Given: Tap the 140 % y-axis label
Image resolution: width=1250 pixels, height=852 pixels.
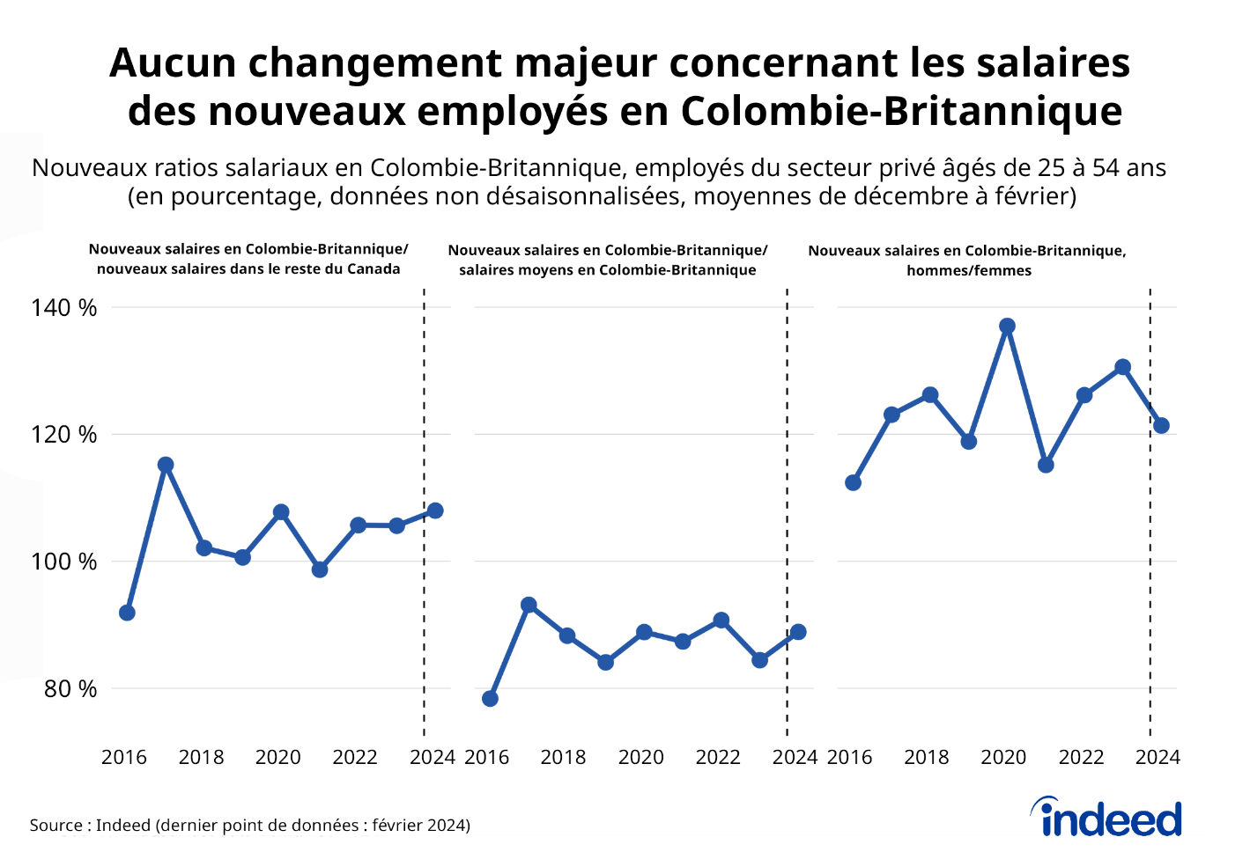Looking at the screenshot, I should [63, 308].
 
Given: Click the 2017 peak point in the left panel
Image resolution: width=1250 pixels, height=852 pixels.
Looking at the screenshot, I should [166, 465].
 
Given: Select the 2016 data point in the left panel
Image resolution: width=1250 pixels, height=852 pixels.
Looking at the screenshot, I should [127, 613].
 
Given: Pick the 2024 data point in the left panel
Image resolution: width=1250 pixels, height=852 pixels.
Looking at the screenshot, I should [435, 510].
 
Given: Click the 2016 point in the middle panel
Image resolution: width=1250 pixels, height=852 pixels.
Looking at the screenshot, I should [491, 699].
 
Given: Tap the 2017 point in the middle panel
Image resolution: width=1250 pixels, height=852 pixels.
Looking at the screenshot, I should [529, 606].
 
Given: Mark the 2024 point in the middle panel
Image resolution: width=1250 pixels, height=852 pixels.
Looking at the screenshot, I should [798, 632].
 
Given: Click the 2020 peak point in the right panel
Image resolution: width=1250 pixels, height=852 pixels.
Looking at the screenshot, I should [1008, 327].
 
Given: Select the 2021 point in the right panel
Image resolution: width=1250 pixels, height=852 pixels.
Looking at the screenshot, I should [1046, 465].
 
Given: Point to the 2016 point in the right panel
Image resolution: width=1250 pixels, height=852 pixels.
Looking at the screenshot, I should [853, 482].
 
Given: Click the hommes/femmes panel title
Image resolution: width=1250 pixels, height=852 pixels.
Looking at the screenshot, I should [967, 261].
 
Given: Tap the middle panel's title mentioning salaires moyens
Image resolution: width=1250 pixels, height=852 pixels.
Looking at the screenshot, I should [607, 261].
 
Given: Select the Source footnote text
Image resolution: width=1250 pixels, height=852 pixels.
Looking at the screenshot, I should [249, 826].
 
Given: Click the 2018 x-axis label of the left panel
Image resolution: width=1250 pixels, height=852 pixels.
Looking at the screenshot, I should [202, 757].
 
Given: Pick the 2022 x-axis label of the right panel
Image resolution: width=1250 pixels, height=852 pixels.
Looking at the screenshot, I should [1081, 757].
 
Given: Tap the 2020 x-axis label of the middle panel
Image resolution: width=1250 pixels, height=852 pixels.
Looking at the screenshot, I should [640, 757].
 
